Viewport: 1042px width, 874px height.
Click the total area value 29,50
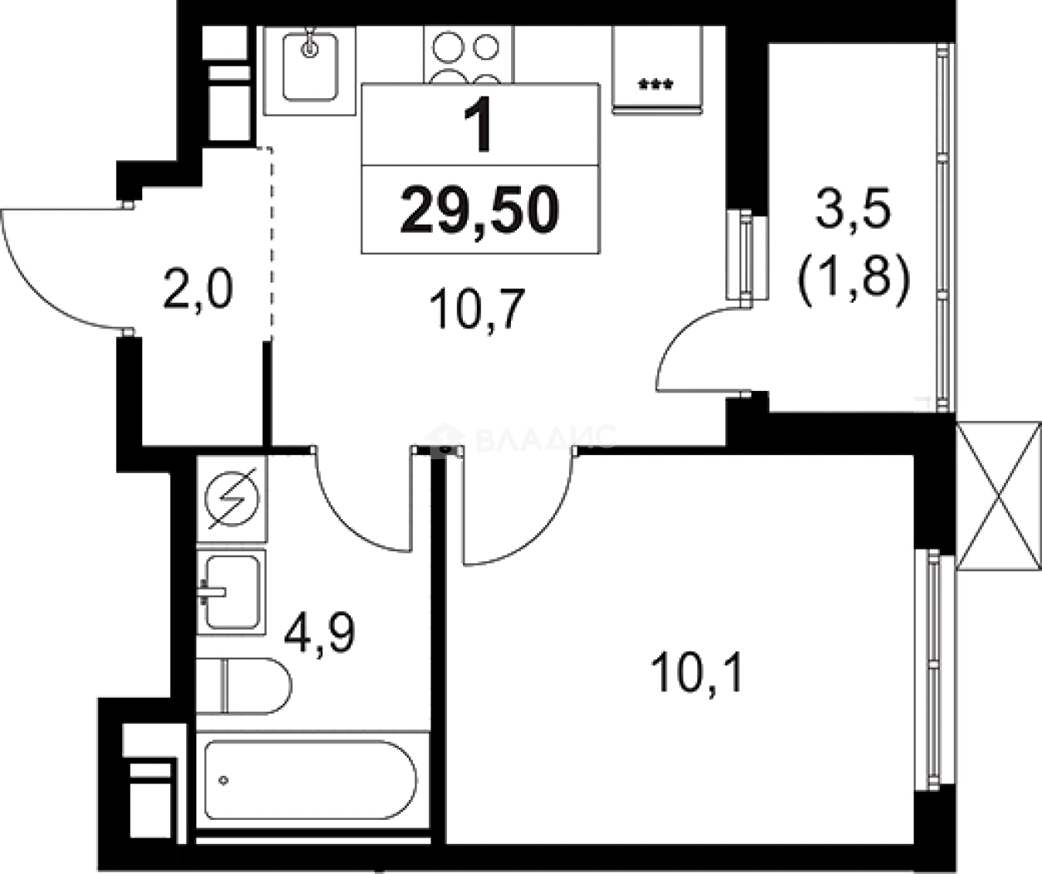479,210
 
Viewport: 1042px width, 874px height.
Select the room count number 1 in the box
479,127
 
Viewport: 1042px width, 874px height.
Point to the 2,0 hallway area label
197,292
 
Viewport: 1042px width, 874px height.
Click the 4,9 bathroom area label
320,634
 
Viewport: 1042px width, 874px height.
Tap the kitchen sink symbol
309,68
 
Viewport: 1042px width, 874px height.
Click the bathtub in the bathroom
312,780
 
